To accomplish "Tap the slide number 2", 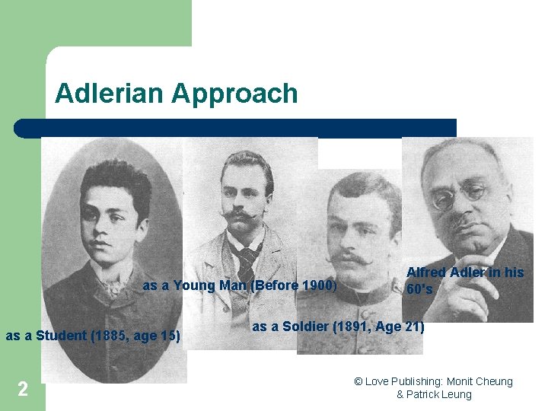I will (x=23, y=389).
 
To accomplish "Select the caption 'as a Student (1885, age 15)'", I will (x=93, y=336).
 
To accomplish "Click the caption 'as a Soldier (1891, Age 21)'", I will (x=338, y=327).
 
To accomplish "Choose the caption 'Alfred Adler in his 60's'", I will (x=465, y=280).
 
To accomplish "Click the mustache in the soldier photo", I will (x=352, y=258).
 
